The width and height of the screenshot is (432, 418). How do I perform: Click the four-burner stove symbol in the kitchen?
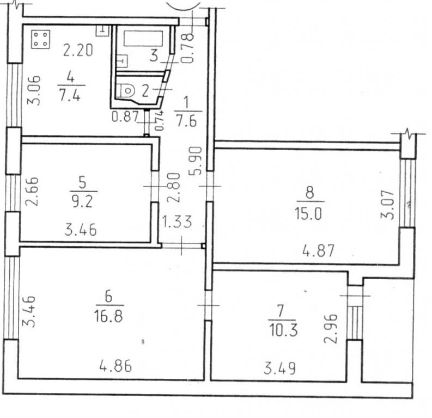40,39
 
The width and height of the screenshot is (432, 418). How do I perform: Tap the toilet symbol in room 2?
127,90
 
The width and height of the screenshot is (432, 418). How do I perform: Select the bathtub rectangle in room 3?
143,39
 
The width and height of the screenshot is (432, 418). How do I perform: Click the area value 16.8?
108,316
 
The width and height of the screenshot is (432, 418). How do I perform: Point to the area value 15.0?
308,213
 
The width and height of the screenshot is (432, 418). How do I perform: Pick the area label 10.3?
283,330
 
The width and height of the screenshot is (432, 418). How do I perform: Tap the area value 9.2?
83,202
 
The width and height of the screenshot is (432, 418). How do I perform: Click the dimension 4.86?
115,366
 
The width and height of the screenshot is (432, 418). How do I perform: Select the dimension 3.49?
279,368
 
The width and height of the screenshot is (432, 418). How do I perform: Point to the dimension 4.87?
319,250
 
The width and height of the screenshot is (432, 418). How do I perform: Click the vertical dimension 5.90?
196,161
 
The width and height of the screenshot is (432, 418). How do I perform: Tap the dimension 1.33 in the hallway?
177,222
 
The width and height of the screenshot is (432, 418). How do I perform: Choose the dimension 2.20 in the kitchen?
78,50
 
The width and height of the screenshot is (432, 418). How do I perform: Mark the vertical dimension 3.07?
387,205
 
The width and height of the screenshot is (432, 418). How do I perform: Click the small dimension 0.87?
125,116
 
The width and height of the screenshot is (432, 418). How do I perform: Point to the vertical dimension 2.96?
330,329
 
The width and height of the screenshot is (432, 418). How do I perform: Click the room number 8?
309,192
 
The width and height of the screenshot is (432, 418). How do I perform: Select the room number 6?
108,297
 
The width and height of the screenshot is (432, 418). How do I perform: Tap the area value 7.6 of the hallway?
187,121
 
